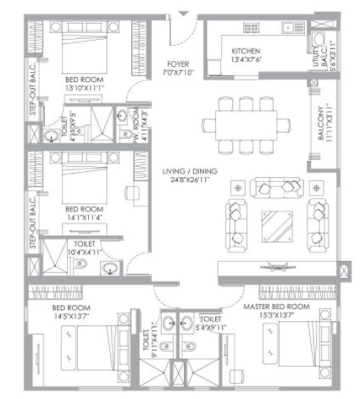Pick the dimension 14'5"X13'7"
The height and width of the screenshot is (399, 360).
(x=69, y=317)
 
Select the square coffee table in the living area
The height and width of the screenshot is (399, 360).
(x=275, y=225)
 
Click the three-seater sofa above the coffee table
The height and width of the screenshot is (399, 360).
(x=274, y=187)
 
